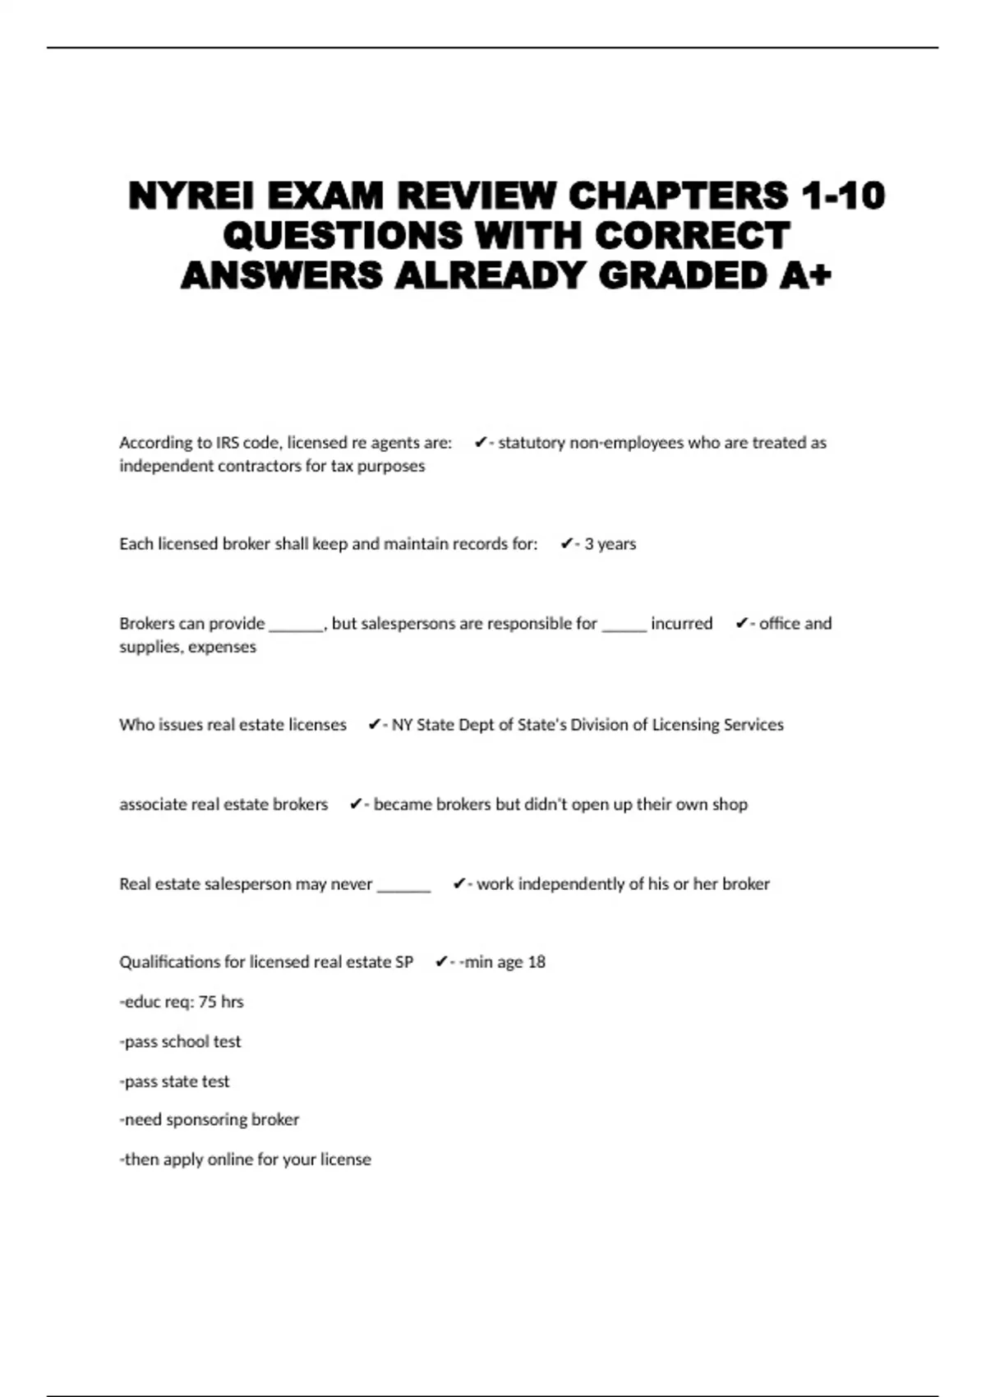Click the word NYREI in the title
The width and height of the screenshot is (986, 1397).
pos(191,196)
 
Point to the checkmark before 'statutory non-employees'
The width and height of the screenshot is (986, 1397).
pos(481,443)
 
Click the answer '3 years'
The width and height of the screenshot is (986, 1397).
pos(610,544)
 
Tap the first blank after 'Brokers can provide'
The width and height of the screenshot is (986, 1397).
pos(296,625)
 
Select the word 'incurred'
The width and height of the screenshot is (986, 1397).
pos(681,624)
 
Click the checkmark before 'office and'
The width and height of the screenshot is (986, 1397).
pos(741,624)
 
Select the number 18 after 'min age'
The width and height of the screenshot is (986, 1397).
pos(536,962)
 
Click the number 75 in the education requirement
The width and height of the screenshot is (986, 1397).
pos(208,1002)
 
